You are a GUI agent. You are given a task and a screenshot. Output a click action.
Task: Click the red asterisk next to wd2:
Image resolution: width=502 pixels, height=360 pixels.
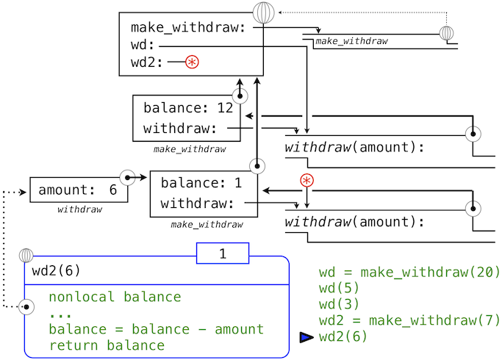tap(192, 62)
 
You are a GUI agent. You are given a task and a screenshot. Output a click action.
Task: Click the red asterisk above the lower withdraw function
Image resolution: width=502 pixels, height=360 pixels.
tap(306, 180)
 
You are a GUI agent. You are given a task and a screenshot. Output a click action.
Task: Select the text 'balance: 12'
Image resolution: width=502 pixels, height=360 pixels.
tap(188, 108)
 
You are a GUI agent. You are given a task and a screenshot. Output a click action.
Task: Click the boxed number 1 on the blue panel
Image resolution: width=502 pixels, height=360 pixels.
tap(223, 253)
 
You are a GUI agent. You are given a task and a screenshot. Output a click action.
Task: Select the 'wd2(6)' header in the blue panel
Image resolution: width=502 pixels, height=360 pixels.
tap(56, 270)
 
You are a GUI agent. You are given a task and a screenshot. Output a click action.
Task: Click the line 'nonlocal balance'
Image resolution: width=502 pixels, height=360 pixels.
tap(115, 297)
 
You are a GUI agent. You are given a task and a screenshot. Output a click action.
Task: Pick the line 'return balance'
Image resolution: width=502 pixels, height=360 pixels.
tap(107, 345)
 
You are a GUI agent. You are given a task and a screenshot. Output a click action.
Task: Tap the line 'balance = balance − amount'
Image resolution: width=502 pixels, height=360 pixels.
tap(156, 329)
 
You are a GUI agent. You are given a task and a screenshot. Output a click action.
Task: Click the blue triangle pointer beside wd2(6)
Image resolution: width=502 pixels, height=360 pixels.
tap(306, 337)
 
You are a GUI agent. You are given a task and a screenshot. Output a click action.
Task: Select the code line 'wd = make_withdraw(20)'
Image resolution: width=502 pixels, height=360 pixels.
tap(409, 273)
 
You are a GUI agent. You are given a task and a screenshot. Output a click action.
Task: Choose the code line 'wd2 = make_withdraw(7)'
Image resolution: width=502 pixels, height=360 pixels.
tap(409, 321)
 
